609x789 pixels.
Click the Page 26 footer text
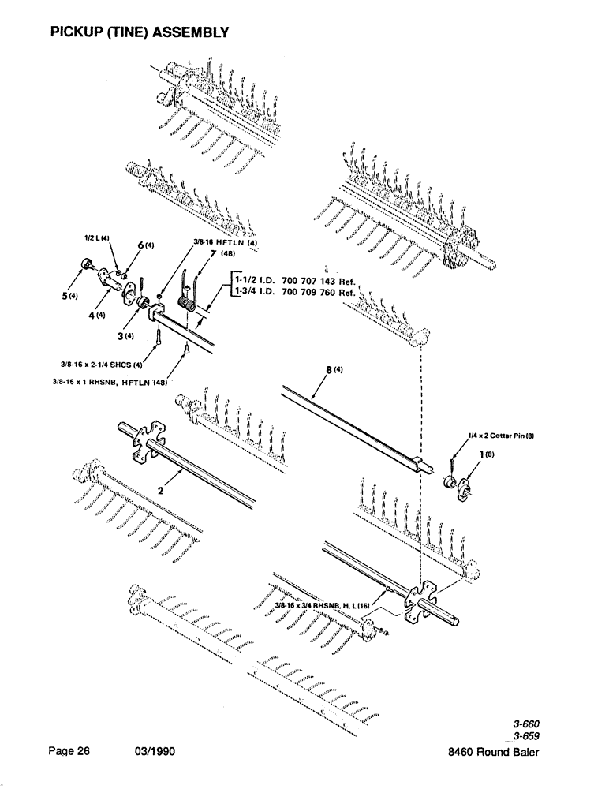(x=69, y=752)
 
